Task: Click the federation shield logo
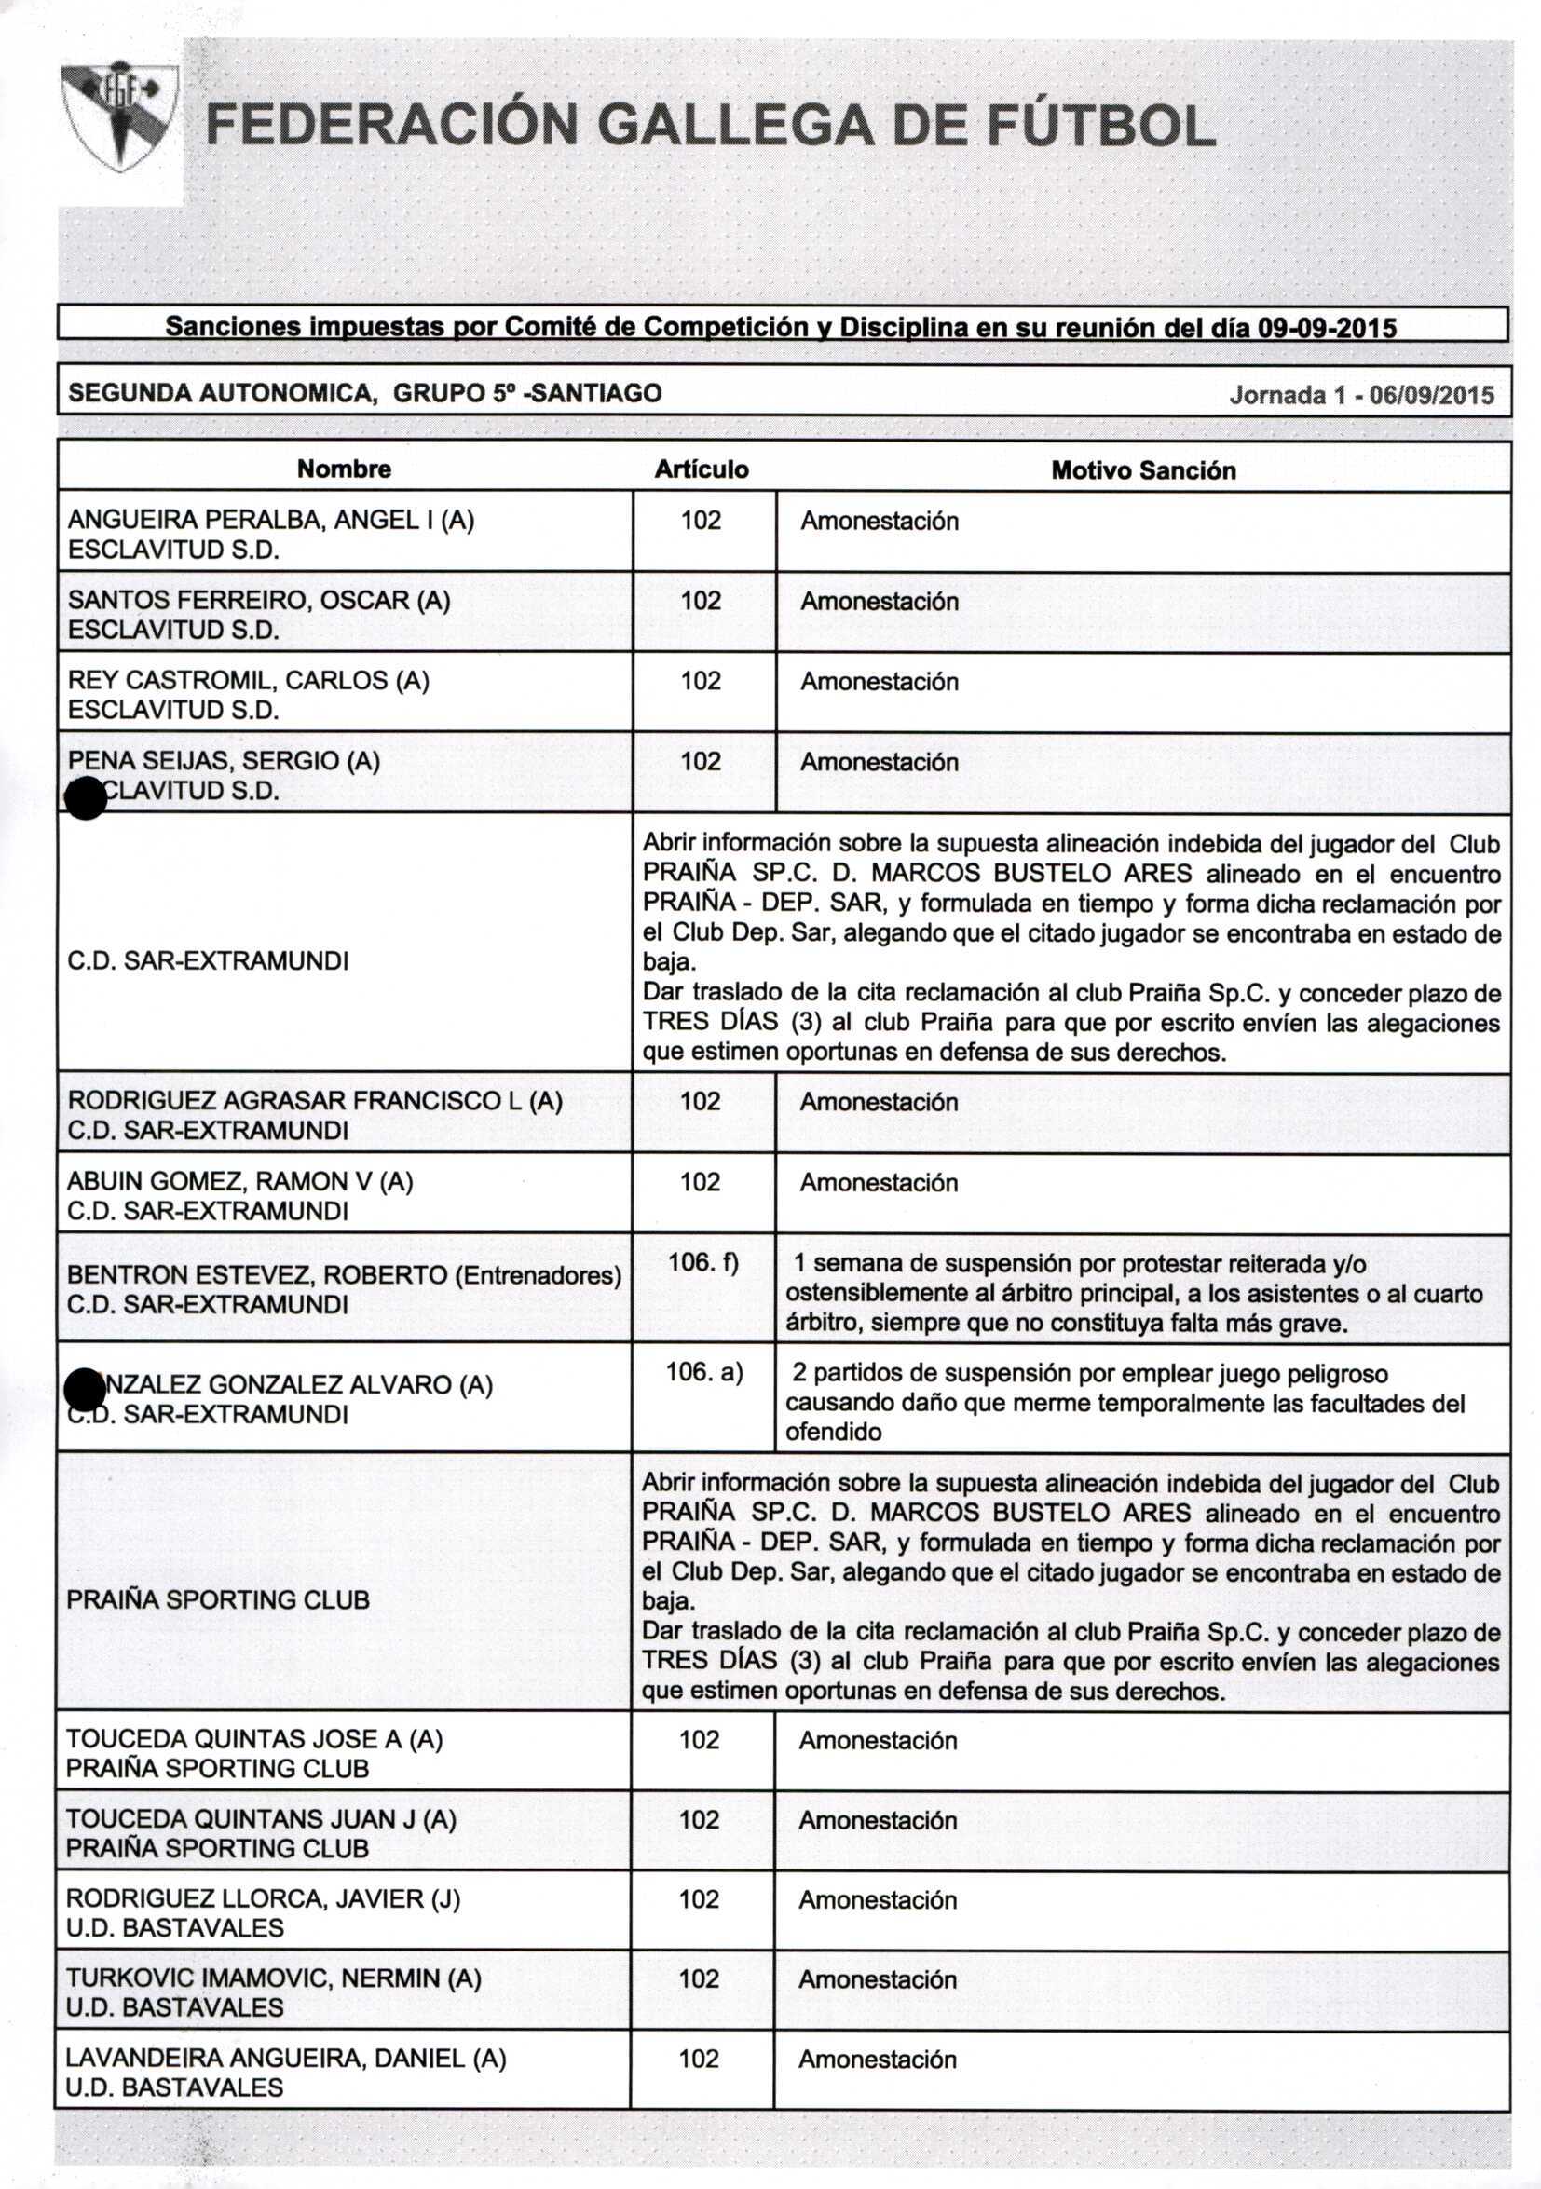[x=119, y=116]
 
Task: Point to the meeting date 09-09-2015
[x=1327, y=329]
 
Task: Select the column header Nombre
[x=343, y=469]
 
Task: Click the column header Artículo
[x=701, y=469]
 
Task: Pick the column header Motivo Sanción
[x=1142, y=470]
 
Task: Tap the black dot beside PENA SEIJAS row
[x=86, y=798]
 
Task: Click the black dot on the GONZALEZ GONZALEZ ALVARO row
[x=84, y=1390]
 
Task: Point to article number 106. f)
[x=702, y=1262]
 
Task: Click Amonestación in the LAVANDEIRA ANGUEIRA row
[x=878, y=2060]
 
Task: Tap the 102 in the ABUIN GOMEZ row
[x=700, y=1182]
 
